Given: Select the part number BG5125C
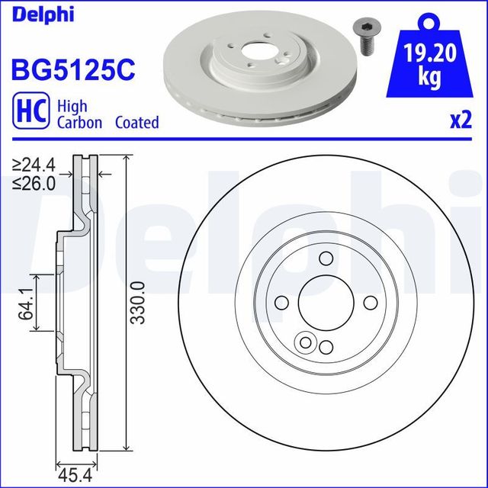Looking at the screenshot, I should [72, 69].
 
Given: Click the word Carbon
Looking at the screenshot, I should [79, 123].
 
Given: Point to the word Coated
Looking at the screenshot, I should [136, 123].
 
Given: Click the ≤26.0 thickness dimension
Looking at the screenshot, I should [35, 184].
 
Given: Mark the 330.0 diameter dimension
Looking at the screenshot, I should [136, 302].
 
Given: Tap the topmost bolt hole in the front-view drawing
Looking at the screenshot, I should [325, 258].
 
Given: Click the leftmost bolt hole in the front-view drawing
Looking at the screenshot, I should [280, 303].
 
